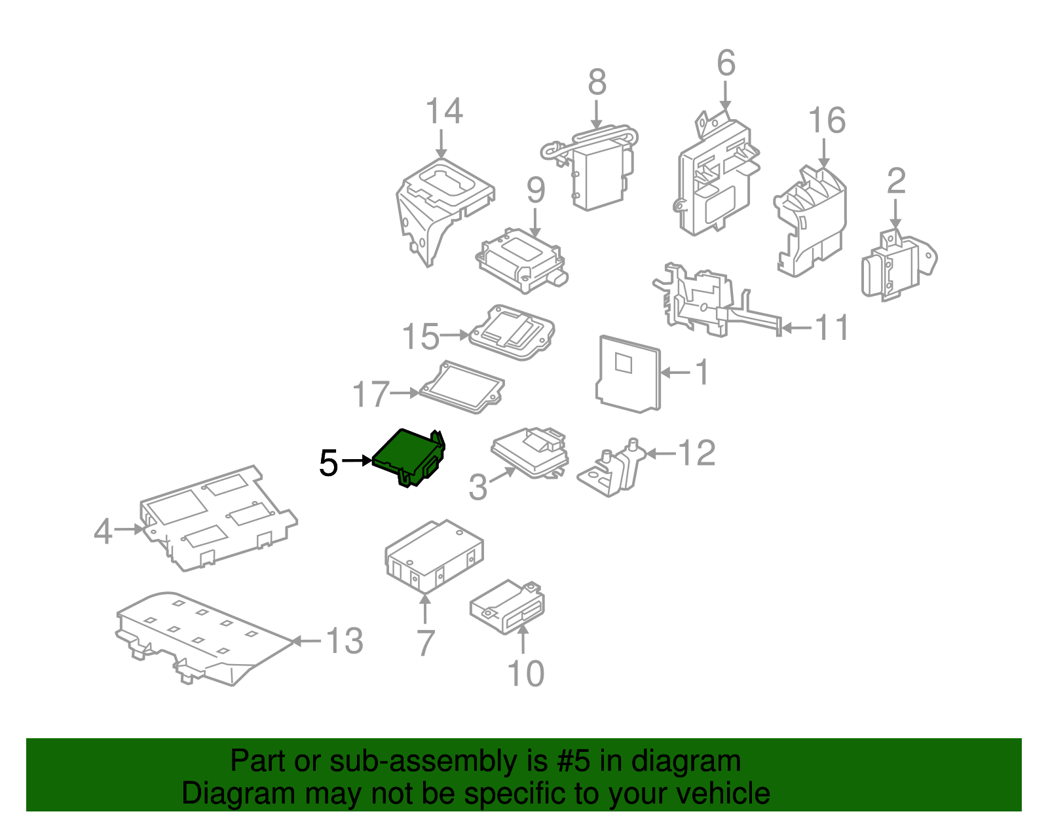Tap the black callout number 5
tap(328, 463)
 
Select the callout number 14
tap(444, 111)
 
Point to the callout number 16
tap(827, 120)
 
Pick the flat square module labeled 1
tap(628, 374)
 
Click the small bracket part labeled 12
tap(611, 467)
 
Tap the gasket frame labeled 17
tap(462, 387)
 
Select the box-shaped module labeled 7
tap(434, 556)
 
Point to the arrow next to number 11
tap(796, 328)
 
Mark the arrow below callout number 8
tap(597, 115)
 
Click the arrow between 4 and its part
tap(129, 529)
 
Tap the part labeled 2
tap(899, 265)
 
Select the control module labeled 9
tap(522, 260)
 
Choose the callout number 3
tap(478, 487)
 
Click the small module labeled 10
tap(508, 607)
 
